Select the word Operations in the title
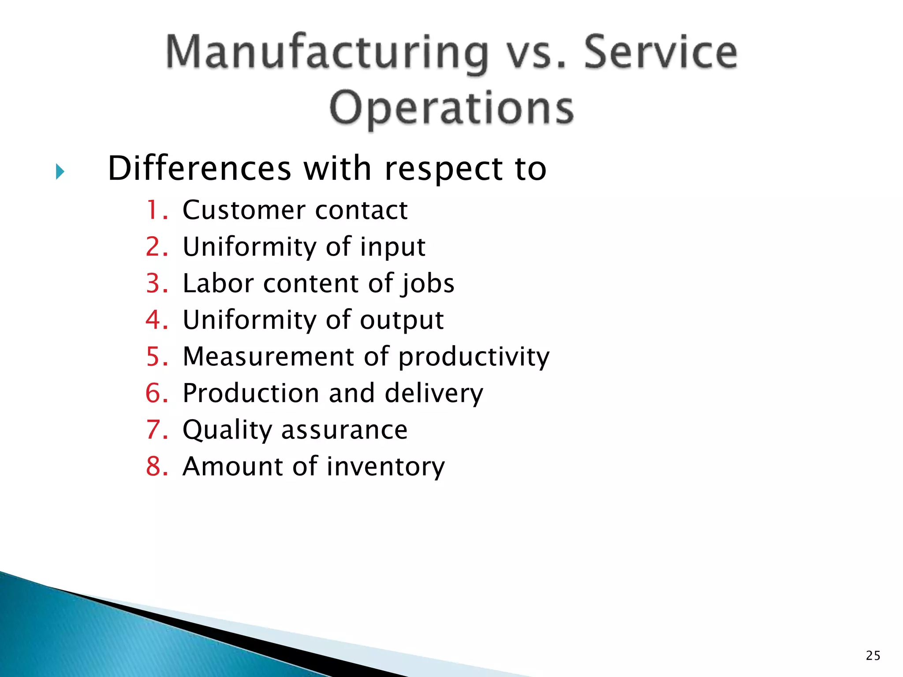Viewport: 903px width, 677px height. tap(451, 108)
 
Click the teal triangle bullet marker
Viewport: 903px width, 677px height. tap(60, 171)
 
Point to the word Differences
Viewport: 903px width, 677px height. tap(199, 169)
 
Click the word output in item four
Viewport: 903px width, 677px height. tap(401, 321)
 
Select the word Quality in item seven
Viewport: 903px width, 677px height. tap(228, 431)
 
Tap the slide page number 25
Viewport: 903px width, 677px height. tap(873, 656)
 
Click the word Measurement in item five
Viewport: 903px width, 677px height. tap(268, 357)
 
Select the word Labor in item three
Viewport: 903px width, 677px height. tap(218, 283)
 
